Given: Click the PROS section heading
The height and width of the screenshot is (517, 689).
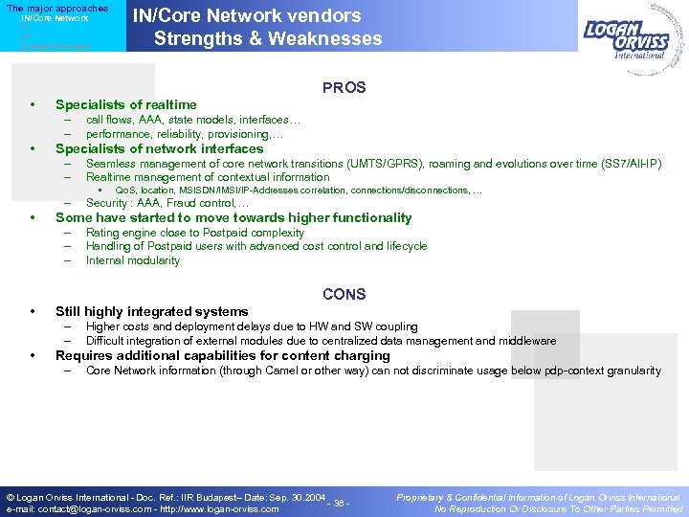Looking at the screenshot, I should point(344,88).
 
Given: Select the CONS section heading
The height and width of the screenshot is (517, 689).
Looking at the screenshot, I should point(344,295).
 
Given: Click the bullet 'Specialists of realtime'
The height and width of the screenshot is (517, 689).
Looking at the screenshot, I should point(125,104).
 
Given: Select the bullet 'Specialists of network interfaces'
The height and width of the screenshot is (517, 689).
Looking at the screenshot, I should point(159,148).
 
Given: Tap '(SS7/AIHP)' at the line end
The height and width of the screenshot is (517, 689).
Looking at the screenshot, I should point(629,164).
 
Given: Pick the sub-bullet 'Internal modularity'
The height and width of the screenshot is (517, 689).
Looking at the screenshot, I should point(132,260).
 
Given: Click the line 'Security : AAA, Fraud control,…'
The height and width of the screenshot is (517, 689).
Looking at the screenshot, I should point(167,203).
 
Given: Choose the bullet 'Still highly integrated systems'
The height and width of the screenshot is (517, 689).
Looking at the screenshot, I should point(151,311).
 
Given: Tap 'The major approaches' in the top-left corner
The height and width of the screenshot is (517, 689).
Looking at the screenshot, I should point(57,9).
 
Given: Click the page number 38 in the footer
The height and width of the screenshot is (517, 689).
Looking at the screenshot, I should point(340,504).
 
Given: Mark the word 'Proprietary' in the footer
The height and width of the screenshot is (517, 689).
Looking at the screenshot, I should point(420,498).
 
